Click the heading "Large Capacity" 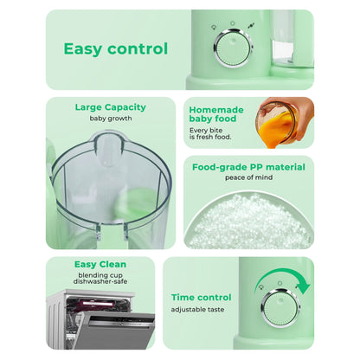click(110, 107)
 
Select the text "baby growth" click(110, 119)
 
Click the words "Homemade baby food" click(215, 113)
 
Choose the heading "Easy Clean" click(100, 264)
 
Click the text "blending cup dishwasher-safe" click(100, 280)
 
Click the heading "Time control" click(201, 297)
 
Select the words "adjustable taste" click(198, 309)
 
